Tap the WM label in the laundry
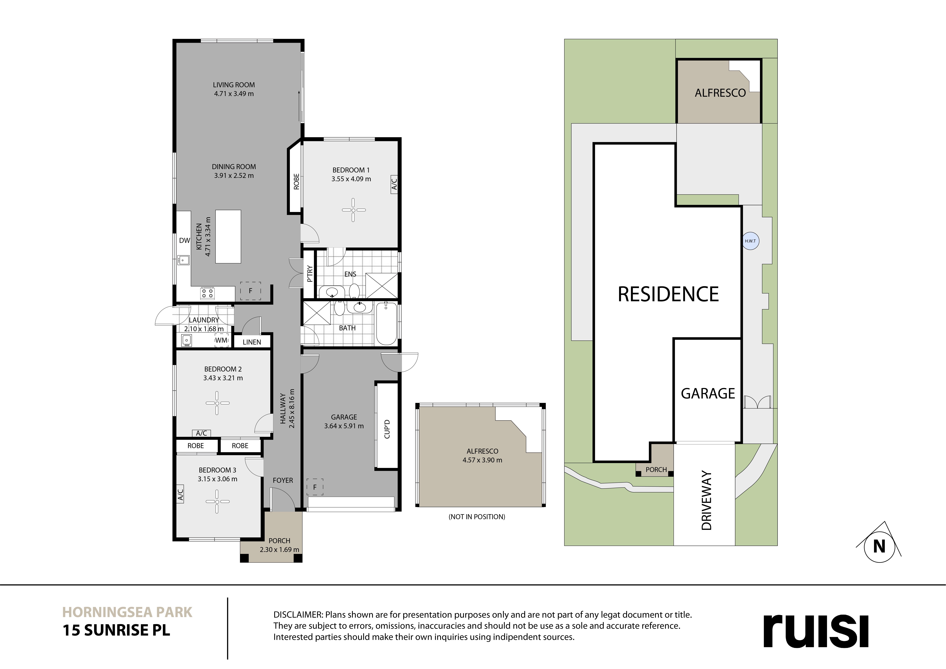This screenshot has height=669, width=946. [x=221, y=341]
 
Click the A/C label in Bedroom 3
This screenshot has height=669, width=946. [x=180, y=493]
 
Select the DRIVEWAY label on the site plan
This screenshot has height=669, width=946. [x=706, y=500]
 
